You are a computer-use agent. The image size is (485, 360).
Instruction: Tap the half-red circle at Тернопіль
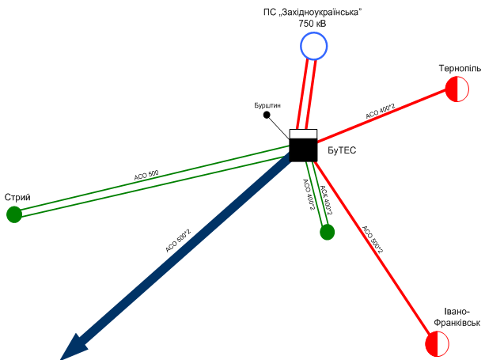pos(457,89)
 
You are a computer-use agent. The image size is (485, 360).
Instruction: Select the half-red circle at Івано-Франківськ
pos(437,343)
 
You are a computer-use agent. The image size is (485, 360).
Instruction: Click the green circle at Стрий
pos(14,214)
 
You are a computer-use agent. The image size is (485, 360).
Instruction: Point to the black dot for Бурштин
pos(267,115)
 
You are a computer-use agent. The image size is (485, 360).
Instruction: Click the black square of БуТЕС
pos(303,150)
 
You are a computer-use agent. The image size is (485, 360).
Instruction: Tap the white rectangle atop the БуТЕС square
pos(303,134)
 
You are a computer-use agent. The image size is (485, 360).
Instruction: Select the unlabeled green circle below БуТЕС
pos(328,232)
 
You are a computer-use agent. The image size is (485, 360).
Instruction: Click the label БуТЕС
pos(342,150)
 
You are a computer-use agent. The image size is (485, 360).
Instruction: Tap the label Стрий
pos(17,197)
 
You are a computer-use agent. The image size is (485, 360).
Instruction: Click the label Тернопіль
pos(460,68)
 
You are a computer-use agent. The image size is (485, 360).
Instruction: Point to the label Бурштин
pos(267,105)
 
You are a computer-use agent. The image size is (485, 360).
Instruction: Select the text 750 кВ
pos(313,24)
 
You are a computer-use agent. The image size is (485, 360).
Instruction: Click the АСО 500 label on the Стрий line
pos(146,175)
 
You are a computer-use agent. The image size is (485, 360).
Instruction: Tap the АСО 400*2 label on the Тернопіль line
pos(380,112)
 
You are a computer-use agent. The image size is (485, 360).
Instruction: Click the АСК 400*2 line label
pos(326,200)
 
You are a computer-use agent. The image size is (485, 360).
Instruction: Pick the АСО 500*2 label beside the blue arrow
pos(178,241)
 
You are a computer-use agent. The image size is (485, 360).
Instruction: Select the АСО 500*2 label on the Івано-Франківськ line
pos(373,240)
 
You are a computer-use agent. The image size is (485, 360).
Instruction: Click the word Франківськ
pos(457,323)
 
